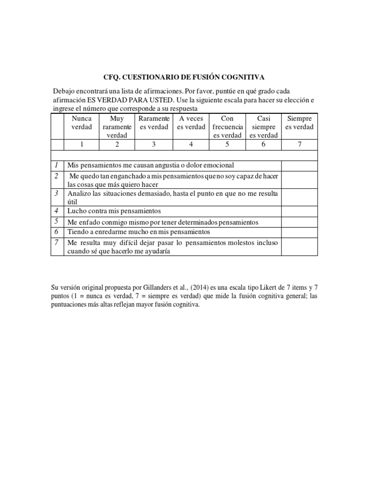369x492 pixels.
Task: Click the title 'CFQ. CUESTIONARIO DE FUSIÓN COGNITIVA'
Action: (x=184, y=77)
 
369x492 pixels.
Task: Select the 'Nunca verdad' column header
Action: (x=81, y=123)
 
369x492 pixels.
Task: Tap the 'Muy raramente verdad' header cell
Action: (x=117, y=127)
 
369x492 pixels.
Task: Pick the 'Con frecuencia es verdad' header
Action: (x=227, y=127)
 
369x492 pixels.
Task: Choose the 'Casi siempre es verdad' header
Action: (x=263, y=127)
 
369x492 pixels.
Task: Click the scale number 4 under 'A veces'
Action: (x=191, y=144)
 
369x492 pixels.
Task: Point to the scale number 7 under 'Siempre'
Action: (x=299, y=144)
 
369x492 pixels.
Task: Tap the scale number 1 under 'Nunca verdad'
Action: (x=81, y=144)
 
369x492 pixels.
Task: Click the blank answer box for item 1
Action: (x=299, y=165)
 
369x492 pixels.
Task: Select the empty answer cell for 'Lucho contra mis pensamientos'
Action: (x=299, y=210)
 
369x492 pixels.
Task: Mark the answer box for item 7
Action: (x=299, y=247)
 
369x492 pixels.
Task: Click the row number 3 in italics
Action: (x=56, y=194)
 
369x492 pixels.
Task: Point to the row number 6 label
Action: (x=56, y=231)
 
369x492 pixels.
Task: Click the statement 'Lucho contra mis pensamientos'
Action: (x=114, y=211)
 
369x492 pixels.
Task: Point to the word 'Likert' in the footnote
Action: (x=268, y=288)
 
